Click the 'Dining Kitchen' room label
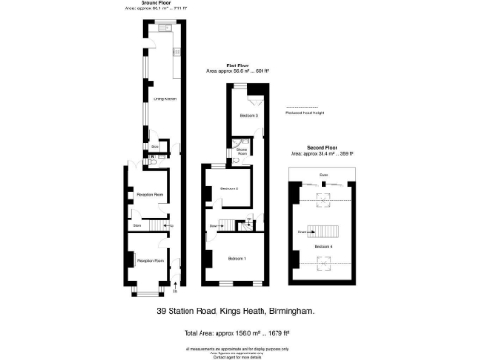165,98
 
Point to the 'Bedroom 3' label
248,115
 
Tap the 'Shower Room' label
240,147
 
